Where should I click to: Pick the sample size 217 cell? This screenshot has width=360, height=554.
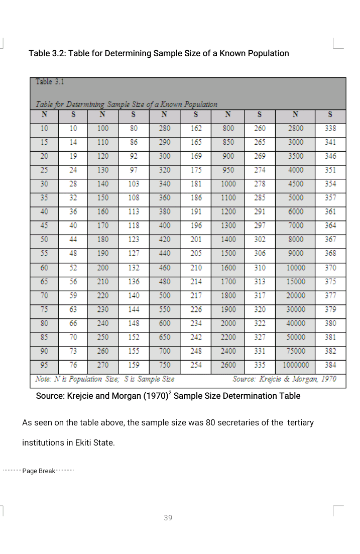tap(196, 295)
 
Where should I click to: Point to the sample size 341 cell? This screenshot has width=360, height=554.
tap(330, 142)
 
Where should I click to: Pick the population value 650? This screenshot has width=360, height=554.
tap(165, 337)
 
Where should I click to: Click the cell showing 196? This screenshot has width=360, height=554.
tap(196, 226)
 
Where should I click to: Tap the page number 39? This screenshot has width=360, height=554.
tap(168, 518)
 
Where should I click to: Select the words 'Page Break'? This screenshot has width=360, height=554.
tap(39, 471)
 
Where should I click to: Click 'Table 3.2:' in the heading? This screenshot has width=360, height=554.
tap(46, 53)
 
